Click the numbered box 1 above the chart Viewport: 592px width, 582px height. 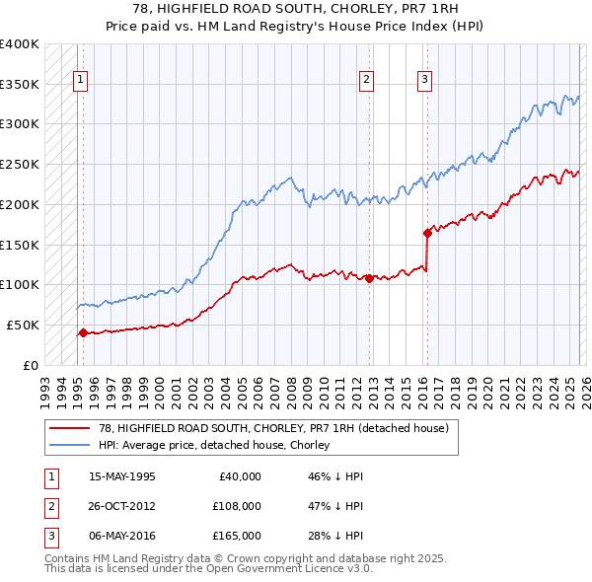[79, 81]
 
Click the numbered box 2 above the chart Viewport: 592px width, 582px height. [366, 81]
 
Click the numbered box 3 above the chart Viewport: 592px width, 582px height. [424, 81]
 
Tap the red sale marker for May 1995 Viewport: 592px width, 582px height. [83, 332]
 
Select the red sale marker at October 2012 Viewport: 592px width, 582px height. [369, 278]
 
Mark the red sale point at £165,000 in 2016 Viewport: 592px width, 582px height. [427, 233]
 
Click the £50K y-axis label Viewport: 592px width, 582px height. [23, 325]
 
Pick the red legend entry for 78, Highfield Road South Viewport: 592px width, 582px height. [273, 428]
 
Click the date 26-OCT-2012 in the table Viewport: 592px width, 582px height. [122, 506]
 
